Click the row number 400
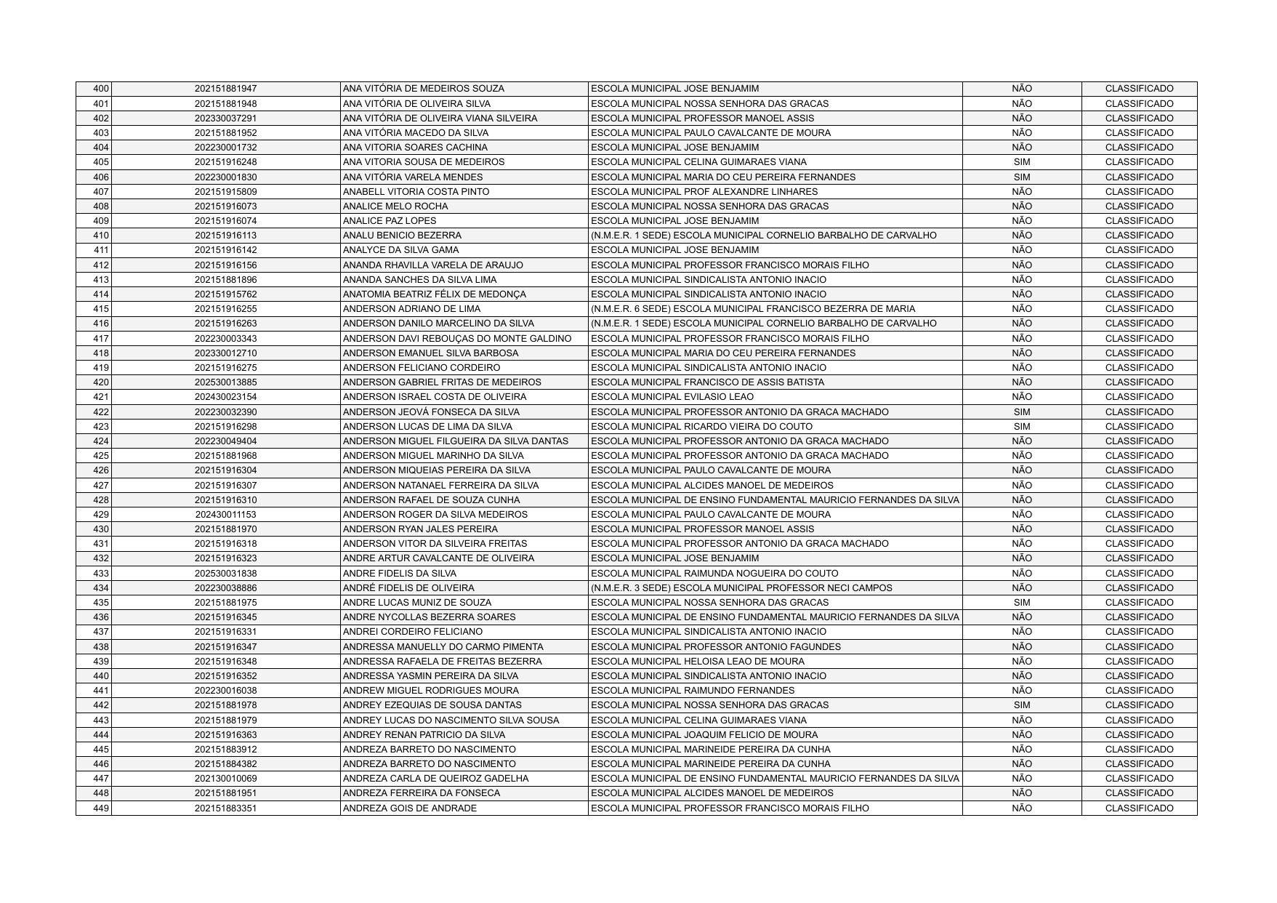pyautogui.click(x=101, y=89)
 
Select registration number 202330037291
pyautogui.click(x=225, y=119)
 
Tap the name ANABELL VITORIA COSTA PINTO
pyautogui.click(x=416, y=192)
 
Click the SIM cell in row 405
pyautogui.click(x=1021, y=162)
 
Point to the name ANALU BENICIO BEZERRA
pyautogui.click(x=402, y=236)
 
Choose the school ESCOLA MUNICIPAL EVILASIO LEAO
pyautogui.click(x=672, y=397)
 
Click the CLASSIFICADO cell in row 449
pyautogui.click(x=1139, y=808)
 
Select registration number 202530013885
pyautogui.click(x=225, y=382)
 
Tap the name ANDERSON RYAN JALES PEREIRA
pyautogui.click(x=420, y=529)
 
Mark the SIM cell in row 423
pyautogui.click(x=1021, y=427)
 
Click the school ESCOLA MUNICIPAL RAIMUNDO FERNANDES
pyautogui.click(x=693, y=691)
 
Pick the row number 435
pyautogui.click(x=101, y=603)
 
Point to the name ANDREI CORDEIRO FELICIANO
pyautogui.click(x=412, y=632)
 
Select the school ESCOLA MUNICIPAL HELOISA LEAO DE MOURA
pyautogui.click(x=698, y=662)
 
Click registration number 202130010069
pyautogui.click(x=225, y=779)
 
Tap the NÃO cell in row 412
pyautogui.click(x=1021, y=265)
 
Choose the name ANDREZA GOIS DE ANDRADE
pyautogui.click(x=410, y=808)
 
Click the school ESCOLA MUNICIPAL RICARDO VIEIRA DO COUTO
pyautogui.click(x=702, y=427)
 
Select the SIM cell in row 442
pyautogui.click(x=1021, y=705)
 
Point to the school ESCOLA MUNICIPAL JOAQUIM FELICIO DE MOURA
pyautogui.click(x=704, y=735)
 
